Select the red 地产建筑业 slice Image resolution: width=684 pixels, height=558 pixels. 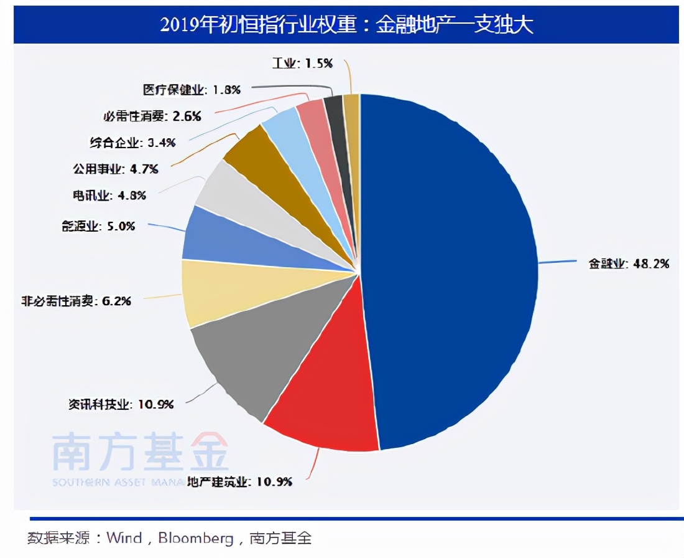click(323, 399)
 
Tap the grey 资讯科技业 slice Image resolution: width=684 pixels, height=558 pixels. click(261, 349)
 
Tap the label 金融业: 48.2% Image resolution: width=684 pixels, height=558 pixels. click(629, 263)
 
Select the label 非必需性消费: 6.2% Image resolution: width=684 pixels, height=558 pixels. click(75, 301)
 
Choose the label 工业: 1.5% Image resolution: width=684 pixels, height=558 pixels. click(303, 63)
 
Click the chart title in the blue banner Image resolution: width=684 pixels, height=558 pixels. click(346, 25)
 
